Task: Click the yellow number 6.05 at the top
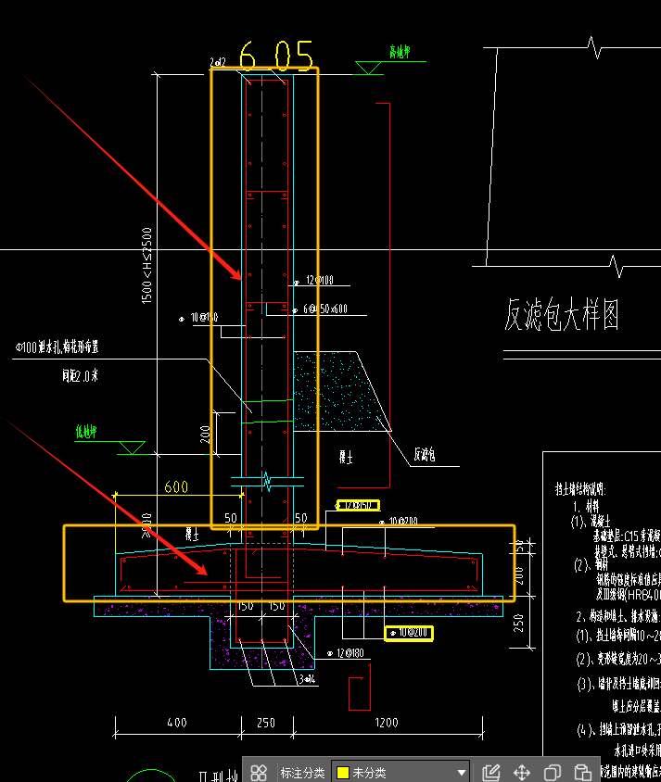275,57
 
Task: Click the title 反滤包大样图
562,315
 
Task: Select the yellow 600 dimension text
176,487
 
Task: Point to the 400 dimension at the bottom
177,723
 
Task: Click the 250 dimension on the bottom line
265,723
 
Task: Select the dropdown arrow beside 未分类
462,772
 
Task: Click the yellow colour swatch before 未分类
343,772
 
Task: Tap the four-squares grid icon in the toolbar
260,772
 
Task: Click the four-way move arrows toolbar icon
522,772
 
